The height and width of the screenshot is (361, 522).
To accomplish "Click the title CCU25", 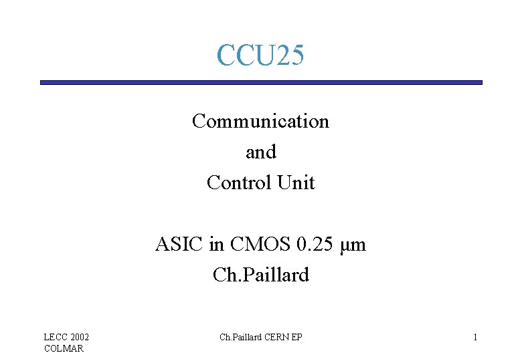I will [260, 55].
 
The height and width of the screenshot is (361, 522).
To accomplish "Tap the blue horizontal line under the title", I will [260, 82].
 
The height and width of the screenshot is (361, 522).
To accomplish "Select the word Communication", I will [260, 122].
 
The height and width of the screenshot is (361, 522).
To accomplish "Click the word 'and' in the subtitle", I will [260, 152].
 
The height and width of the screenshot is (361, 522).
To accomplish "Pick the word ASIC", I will [179, 245].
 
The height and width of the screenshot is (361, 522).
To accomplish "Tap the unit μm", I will [353, 245].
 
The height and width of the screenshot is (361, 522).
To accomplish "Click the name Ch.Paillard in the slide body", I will [260, 275].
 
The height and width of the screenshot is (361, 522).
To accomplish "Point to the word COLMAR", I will [64, 348].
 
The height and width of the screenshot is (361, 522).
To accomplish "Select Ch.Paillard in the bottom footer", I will [240, 337].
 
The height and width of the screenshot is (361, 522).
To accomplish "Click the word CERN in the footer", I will [277, 337].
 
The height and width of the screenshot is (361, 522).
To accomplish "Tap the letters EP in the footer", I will [296, 337].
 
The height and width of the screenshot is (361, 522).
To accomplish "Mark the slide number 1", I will [475, 337].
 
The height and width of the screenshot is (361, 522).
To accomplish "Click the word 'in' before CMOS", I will [217, 245].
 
